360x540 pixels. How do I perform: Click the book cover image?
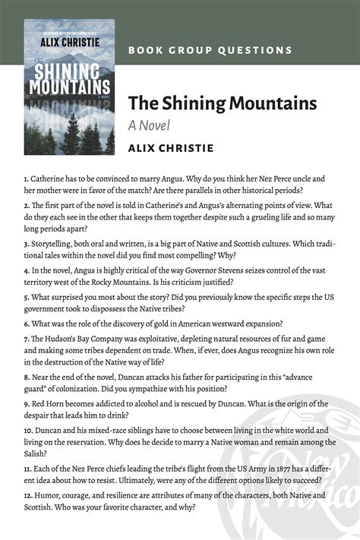pyautogui.click(x=69, y=87)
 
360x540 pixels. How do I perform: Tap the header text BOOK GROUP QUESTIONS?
pyautogui.click(x=210, y=50)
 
